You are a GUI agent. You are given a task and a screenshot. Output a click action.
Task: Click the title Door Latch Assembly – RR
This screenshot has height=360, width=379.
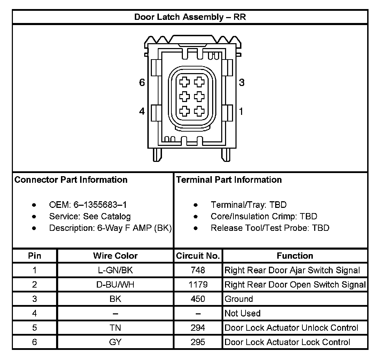tap(190, 17)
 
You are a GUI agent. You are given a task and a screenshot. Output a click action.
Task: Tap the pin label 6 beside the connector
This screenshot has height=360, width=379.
tap(142, 83)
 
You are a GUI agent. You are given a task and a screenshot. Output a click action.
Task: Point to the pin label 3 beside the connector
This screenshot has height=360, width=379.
tap(241, 83)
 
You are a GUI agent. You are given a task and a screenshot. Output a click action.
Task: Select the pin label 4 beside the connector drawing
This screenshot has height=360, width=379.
tap(142, 111)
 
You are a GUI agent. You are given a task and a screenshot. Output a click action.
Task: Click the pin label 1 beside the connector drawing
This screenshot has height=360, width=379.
tap(241, 111)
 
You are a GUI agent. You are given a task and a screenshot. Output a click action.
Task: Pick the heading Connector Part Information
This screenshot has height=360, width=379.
tap(71, 180)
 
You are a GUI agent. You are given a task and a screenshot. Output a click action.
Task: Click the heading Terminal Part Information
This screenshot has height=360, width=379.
tap(229, 180)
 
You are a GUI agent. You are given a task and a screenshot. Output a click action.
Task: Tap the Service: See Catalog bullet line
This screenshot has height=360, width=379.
tap(90, 216)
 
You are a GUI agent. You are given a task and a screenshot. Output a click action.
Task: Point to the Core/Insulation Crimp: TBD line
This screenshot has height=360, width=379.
tap(264, 216)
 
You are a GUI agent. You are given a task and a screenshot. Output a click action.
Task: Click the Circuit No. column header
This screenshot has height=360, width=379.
tap(198, 256)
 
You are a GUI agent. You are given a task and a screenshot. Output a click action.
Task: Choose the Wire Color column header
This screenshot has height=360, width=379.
tap(115, 256)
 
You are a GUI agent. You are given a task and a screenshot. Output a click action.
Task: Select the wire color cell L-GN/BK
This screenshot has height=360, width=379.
tap(115, 270)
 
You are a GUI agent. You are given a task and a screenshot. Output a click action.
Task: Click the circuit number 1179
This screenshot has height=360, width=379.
tap(198, 284)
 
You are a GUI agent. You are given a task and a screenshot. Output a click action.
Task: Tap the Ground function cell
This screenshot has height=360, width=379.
tap(239, 299)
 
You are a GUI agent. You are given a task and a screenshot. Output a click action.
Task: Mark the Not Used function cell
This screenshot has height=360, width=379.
tap(242, 313)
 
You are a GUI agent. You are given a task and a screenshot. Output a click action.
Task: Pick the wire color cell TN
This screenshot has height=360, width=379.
tap(115, 328)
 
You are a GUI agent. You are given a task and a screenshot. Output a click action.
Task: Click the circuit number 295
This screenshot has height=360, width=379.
tap(198, 342)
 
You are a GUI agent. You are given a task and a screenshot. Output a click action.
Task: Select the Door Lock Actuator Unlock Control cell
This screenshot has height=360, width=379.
tap(291, 328)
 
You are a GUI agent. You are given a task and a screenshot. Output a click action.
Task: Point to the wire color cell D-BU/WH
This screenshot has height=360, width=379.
tap(115, 284)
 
